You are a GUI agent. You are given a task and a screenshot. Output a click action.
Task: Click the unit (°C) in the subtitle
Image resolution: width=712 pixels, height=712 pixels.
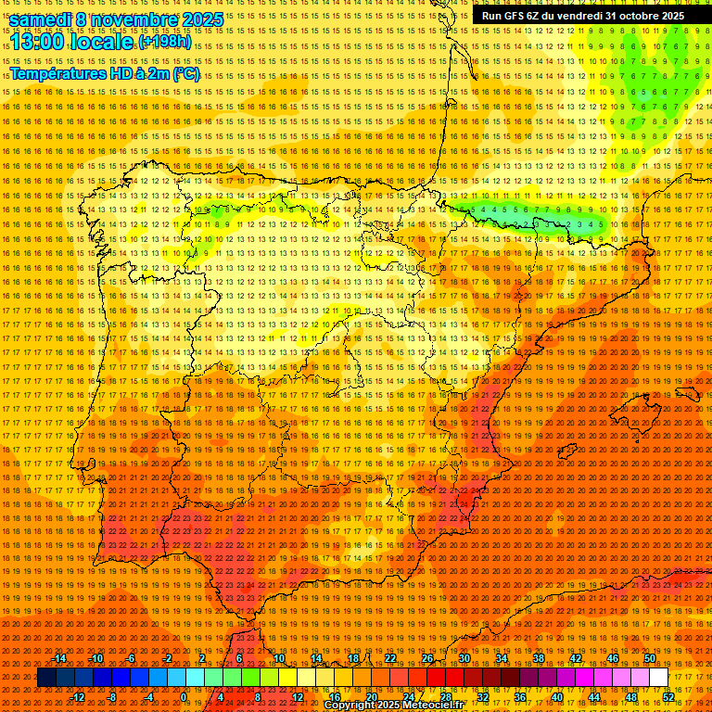coord(185,74)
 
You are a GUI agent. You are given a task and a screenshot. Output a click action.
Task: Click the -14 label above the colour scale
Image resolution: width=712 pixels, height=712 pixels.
coord(59,658)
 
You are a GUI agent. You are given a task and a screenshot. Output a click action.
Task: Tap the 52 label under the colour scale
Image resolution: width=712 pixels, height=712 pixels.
coord(667,697)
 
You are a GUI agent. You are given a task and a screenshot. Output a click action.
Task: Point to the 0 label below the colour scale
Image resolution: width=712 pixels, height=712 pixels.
coord(184,697)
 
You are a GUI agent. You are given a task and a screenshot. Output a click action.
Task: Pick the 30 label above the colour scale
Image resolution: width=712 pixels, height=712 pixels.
coord(464,658)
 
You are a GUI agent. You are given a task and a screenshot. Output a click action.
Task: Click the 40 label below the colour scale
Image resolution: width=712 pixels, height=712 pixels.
coord(556,697)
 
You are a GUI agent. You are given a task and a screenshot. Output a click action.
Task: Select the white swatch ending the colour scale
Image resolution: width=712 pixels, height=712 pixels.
coord(658,678)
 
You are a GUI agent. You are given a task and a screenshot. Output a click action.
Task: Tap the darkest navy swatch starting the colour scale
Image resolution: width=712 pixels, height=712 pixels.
coord(46,678)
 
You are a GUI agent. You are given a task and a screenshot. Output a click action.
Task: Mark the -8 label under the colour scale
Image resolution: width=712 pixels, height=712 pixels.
coord(113,697)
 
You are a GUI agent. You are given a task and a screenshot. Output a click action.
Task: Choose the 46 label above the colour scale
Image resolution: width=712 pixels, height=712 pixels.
coord(612,658)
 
